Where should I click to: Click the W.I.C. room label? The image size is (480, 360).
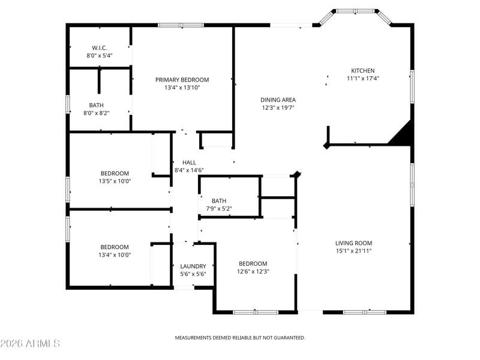[100, 48]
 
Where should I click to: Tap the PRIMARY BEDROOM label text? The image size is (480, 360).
[182, 80]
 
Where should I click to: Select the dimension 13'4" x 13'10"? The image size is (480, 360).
[182, 88]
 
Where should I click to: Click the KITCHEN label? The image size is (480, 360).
[363, 71]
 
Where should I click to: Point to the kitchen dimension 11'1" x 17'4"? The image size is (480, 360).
[363, 79]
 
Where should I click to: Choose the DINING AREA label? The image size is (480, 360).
[278, 100]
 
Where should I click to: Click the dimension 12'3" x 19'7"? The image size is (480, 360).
[278, 108]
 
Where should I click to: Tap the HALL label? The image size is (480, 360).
[189, 163]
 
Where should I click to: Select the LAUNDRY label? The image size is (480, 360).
[193, 266]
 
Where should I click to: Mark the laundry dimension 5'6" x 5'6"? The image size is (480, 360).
[193, 274]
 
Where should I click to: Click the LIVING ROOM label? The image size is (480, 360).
[353, 244]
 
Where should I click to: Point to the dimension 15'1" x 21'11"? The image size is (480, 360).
[353, 251]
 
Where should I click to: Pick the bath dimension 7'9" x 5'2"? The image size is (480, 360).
[219, 209]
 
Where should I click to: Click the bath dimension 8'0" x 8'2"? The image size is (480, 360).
[97, 113]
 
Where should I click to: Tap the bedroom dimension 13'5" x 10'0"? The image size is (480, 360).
[115, 181]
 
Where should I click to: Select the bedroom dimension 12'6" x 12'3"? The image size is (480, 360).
[253, 272]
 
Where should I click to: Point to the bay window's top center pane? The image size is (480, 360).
[355, 11]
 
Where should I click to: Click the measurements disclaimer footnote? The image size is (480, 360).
[239, 338]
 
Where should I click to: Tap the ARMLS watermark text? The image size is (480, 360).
[30, 343]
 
